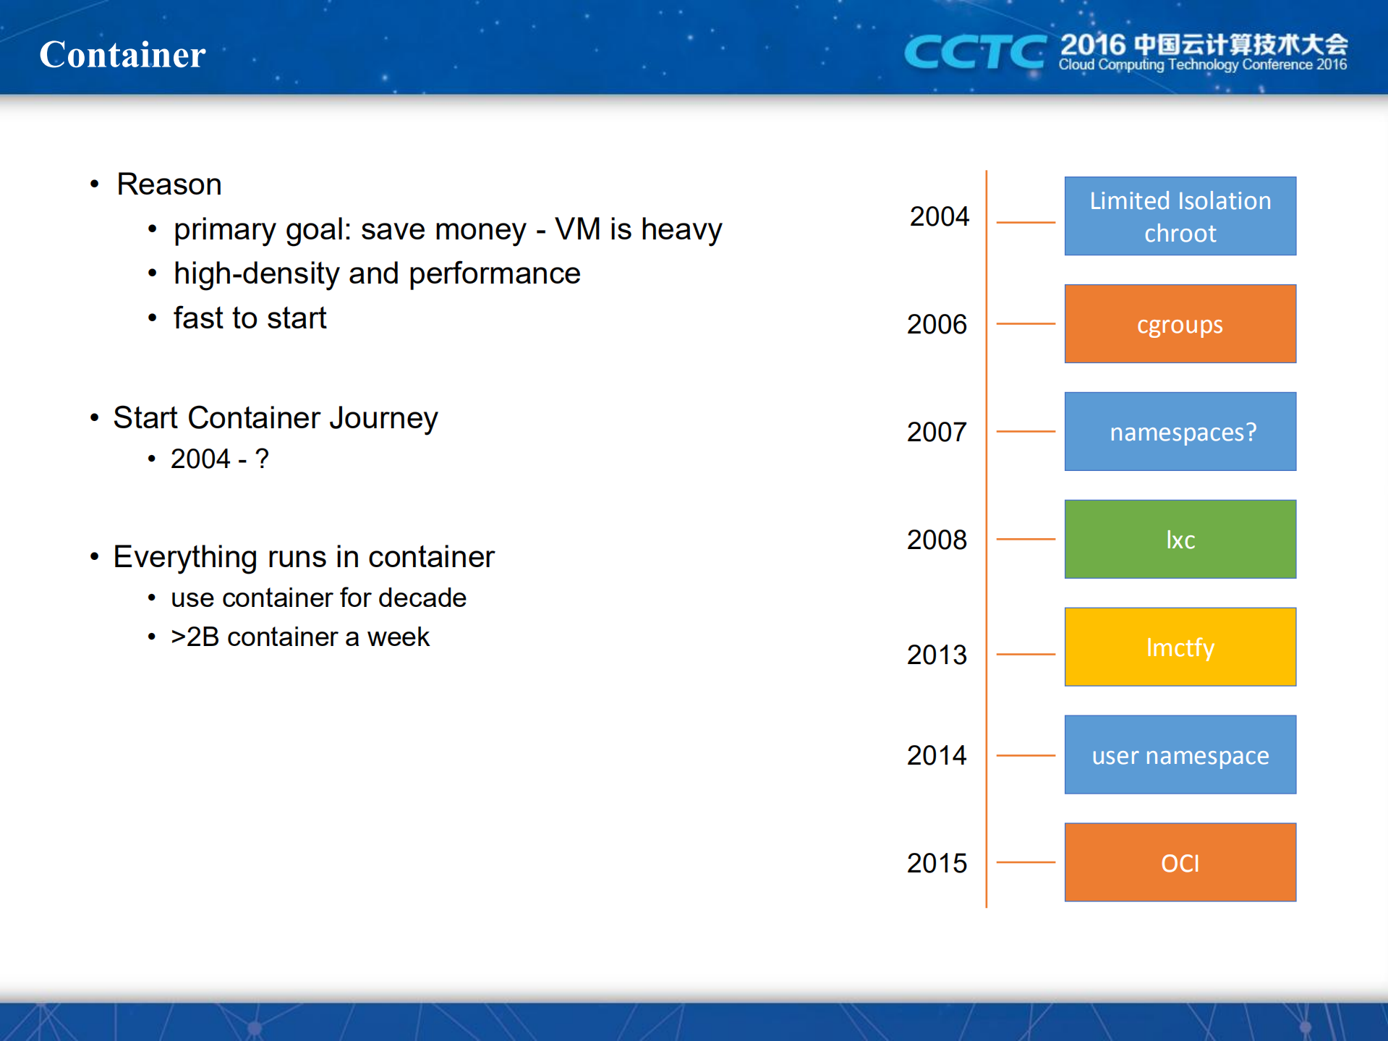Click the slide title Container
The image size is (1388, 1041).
pyautogui.click(x=122, y=55)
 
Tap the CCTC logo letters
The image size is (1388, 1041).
pyautogui.click(x=975, y=52)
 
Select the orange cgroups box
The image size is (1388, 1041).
pyautogui.click(x=1180, y=323)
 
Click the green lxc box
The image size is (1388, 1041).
pyautogui.click(x=1180, y=539)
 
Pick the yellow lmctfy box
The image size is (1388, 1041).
pyautogui.click(x=1180, y=647)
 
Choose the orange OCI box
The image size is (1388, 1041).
pyautogui.click(x=1180, y=862)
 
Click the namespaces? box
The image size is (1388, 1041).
pyautogui.click(x=1180, y=431)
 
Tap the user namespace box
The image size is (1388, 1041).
pyautogui.click(x=1180, y=755)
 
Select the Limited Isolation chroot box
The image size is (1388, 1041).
pyautogui.click(x=1180, y=216)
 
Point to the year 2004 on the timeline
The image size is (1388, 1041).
pyautogui.click(x=939, y=216)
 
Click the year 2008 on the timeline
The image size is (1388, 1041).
pyautogui.click(x=937, y=540)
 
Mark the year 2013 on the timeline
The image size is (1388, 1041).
pyautogui.click(x=937, y=655)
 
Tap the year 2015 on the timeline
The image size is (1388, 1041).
pyautogui.click(x=937, y=863)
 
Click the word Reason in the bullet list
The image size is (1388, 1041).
pyautogui.click(x=169, y=184)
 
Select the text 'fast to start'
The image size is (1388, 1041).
pyautogui.click(x=250, y=318)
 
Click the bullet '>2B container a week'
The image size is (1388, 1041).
pyautogui.click(x=299, y=637)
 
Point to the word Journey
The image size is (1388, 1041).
pyautogui.click(x=383, y=419)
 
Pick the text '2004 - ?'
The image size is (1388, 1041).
pyautogui.click(x=220, y=459)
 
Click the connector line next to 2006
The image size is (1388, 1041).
pyautogui.click(x=1026, y=323)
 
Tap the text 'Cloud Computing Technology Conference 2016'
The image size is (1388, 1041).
pyautogui.click(x=1202, y=65)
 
